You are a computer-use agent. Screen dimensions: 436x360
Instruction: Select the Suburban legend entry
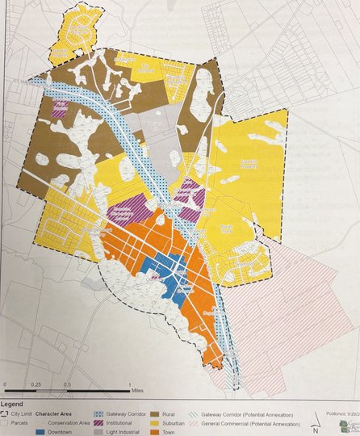point(159,421)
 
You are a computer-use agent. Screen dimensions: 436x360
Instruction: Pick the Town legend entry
point(159,432)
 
